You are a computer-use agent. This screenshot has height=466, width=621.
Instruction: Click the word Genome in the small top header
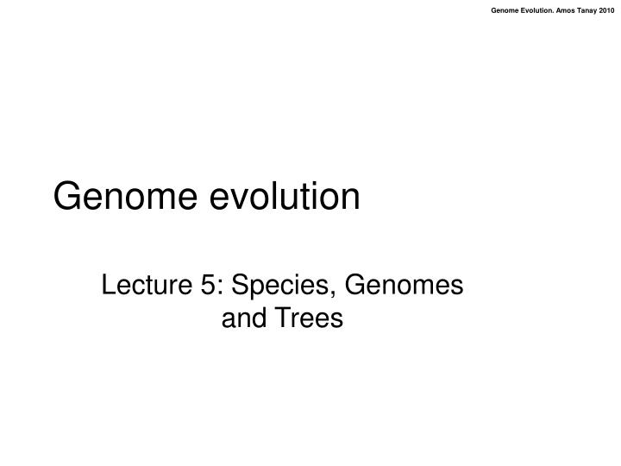pos(505,10)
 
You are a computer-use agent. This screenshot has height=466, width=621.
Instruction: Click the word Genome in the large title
pos(125,196)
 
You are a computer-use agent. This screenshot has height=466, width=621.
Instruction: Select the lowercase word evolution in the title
pos(285,195)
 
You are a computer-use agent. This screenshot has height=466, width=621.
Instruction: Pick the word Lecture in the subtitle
pos(147,285)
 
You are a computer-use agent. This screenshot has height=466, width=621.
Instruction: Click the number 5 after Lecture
pos(208,285)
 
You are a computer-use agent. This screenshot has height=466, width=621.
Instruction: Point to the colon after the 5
pos(220,287)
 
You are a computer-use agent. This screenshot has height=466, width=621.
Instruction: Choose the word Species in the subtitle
pos(279,287)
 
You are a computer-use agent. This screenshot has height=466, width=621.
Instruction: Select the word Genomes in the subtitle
pos(404,285)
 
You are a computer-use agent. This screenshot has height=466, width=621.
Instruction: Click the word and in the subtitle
pos(243,318)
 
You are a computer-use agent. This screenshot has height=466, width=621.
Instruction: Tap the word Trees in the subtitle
pos(309,318)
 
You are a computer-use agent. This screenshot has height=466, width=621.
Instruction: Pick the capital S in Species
pos(241,285)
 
